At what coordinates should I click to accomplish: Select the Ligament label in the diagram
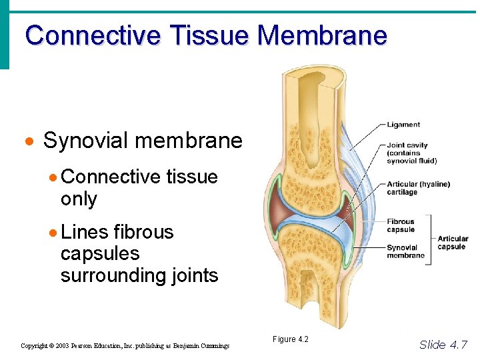pos(403,125)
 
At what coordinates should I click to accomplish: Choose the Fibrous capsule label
pos(401,225)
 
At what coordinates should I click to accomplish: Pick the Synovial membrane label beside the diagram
pos(405,251)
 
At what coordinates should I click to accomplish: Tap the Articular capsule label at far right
pos(452,242)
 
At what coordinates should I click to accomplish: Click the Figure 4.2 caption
pos(290,339)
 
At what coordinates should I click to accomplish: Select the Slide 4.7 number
pos(443,345)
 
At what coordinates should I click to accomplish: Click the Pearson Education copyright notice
pos(125,346)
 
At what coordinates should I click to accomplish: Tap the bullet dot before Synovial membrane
pos(29,142)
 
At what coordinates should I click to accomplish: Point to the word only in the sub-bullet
pos(79,199)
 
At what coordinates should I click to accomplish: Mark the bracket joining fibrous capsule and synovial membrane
pos(429,239)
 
